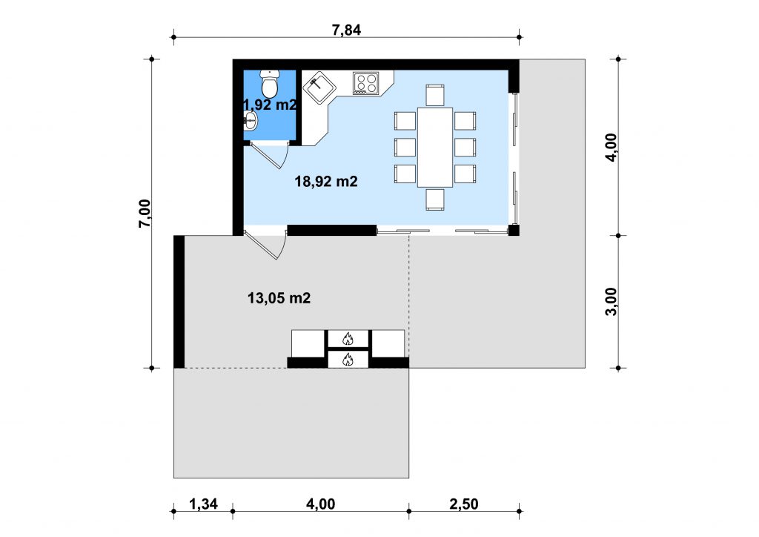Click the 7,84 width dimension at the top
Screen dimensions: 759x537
click(346, 30)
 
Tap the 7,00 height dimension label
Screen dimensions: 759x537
click(145, 214)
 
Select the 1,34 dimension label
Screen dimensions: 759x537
click(203, 504)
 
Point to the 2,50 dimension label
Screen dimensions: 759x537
click(464, 504)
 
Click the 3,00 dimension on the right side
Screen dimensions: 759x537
click(611, 302)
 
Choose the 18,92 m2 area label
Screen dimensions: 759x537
click(326, 182)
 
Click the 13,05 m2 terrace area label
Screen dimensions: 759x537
click(279, 297)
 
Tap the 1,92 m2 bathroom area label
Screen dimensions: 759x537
click(270, 105)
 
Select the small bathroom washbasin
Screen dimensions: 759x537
click(251, 120)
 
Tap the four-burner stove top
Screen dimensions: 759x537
click(365, 83)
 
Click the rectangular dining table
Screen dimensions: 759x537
click(435, 147)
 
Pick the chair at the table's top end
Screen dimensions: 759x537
click(435, 95)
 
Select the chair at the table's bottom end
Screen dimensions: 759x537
click(435, 200)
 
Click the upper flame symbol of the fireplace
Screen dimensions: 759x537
click(348, 338)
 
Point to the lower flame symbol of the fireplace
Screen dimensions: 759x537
click(348, 359)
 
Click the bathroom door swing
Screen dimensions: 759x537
click(266, 155)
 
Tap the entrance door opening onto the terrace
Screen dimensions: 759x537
click(265, 245)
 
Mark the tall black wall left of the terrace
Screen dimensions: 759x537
click(179, 302)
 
